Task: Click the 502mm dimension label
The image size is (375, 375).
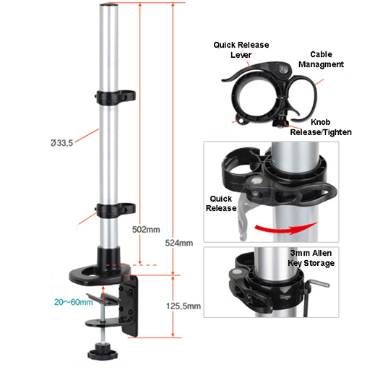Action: coord(147,230)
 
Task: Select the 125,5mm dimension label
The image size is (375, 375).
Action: coord(185,306)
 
